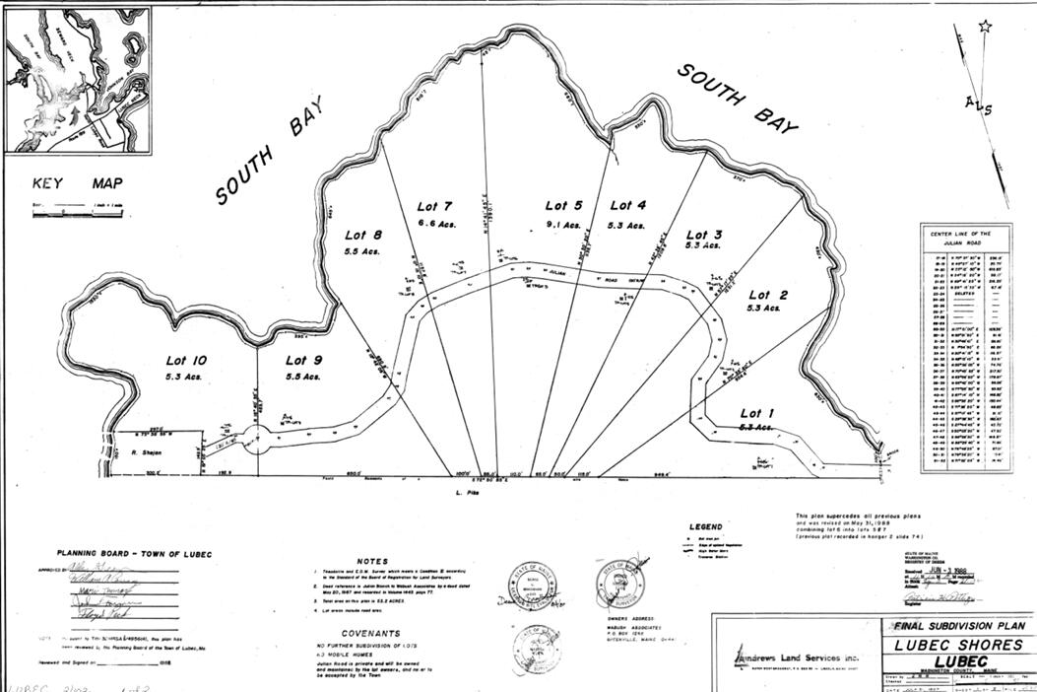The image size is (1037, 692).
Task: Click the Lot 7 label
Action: [x=433, y=206]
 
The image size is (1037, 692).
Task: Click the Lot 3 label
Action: [x=703, y=235]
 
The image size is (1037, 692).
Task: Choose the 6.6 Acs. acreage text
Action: [x=433, y=225]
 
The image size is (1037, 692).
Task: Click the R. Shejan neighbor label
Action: [x=146, y=453]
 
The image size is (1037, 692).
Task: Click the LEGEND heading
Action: [x=705, y=527]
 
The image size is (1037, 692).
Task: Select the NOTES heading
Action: [x=373, y=560]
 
